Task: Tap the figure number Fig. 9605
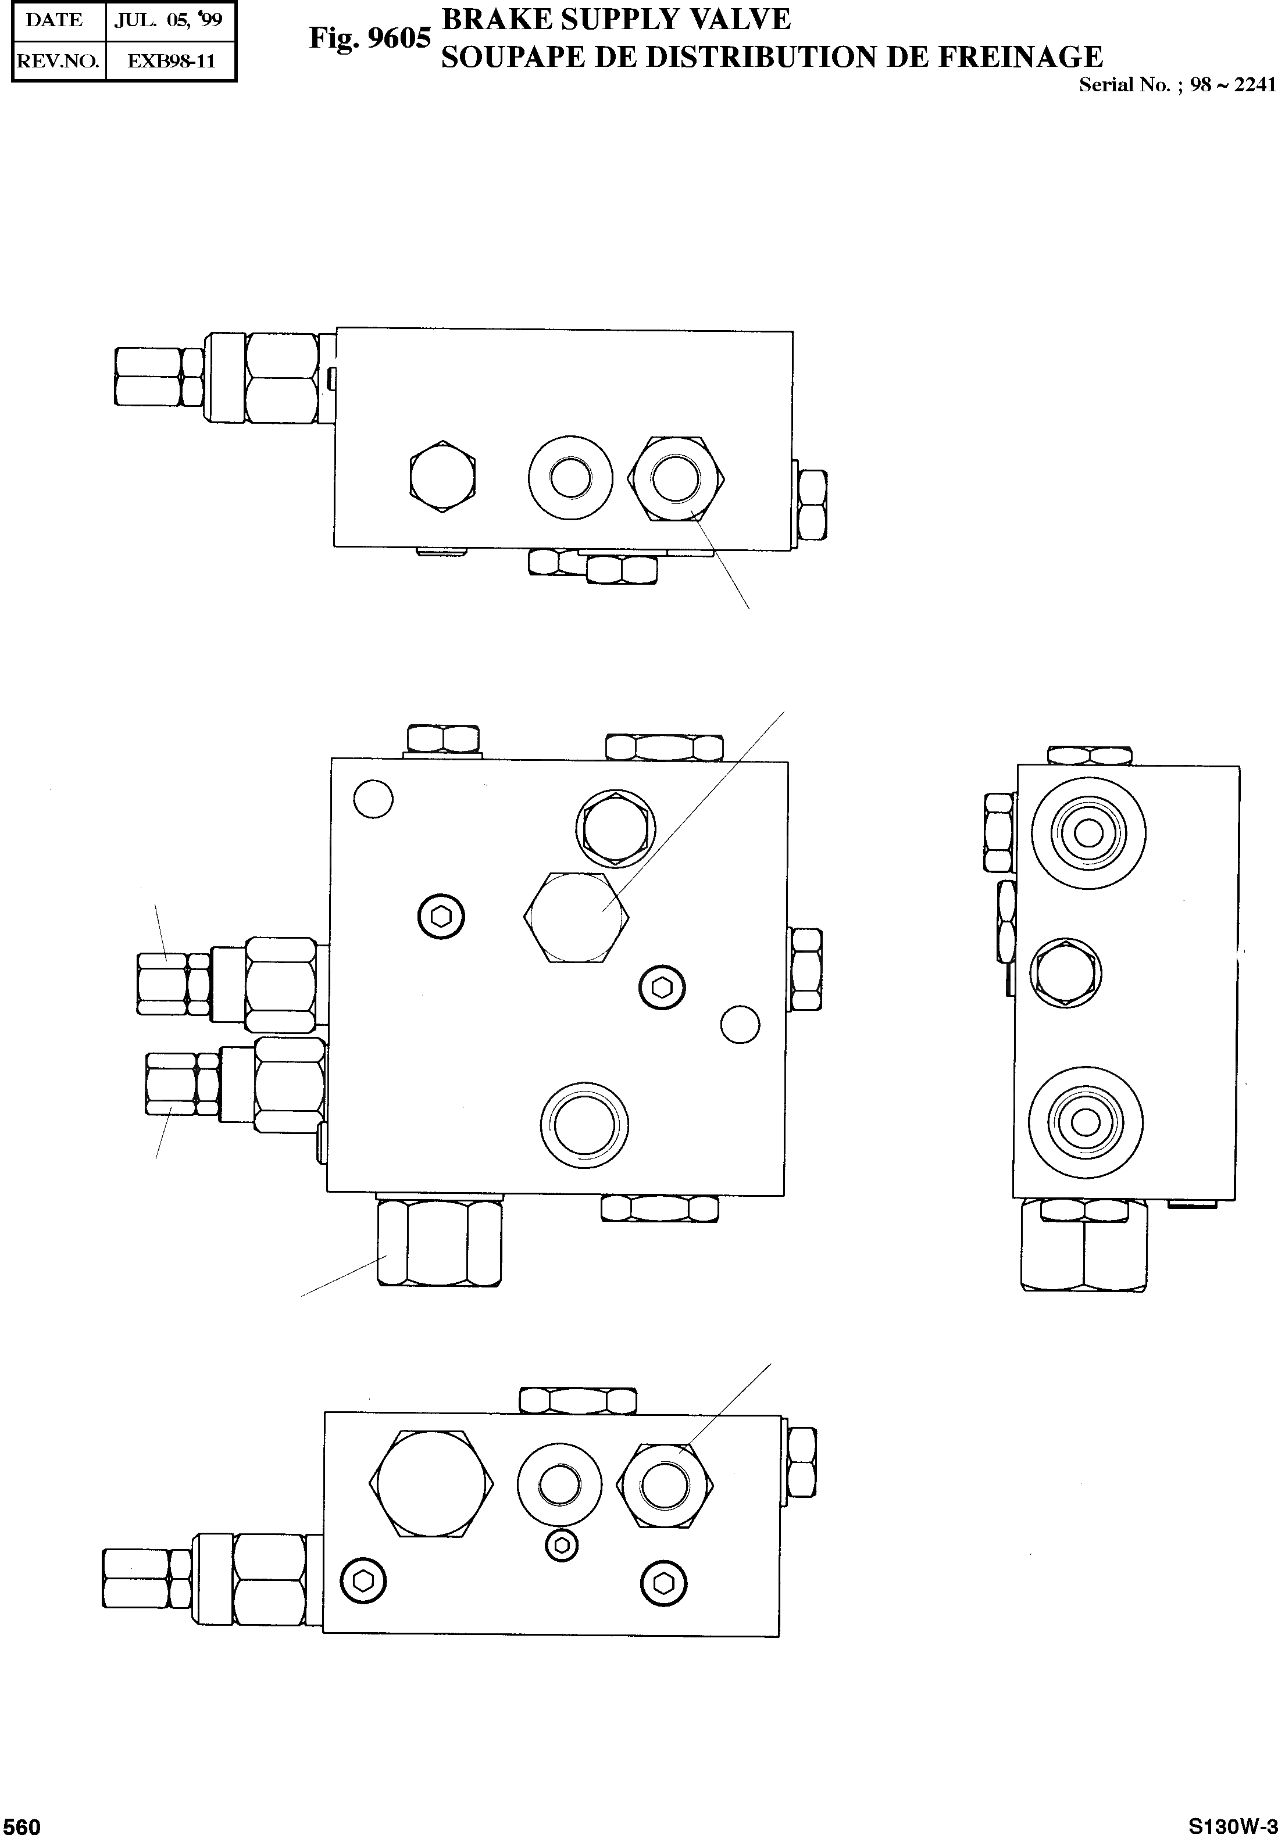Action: pos(370,38)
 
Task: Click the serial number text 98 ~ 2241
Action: pos(1233,85)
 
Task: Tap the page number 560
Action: pos(22,1825)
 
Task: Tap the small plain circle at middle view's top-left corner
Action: pos(373,799)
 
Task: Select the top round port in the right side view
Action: pos(1088,834)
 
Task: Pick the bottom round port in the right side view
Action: pos(1084,1124)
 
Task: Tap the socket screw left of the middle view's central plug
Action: pos(442,917)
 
